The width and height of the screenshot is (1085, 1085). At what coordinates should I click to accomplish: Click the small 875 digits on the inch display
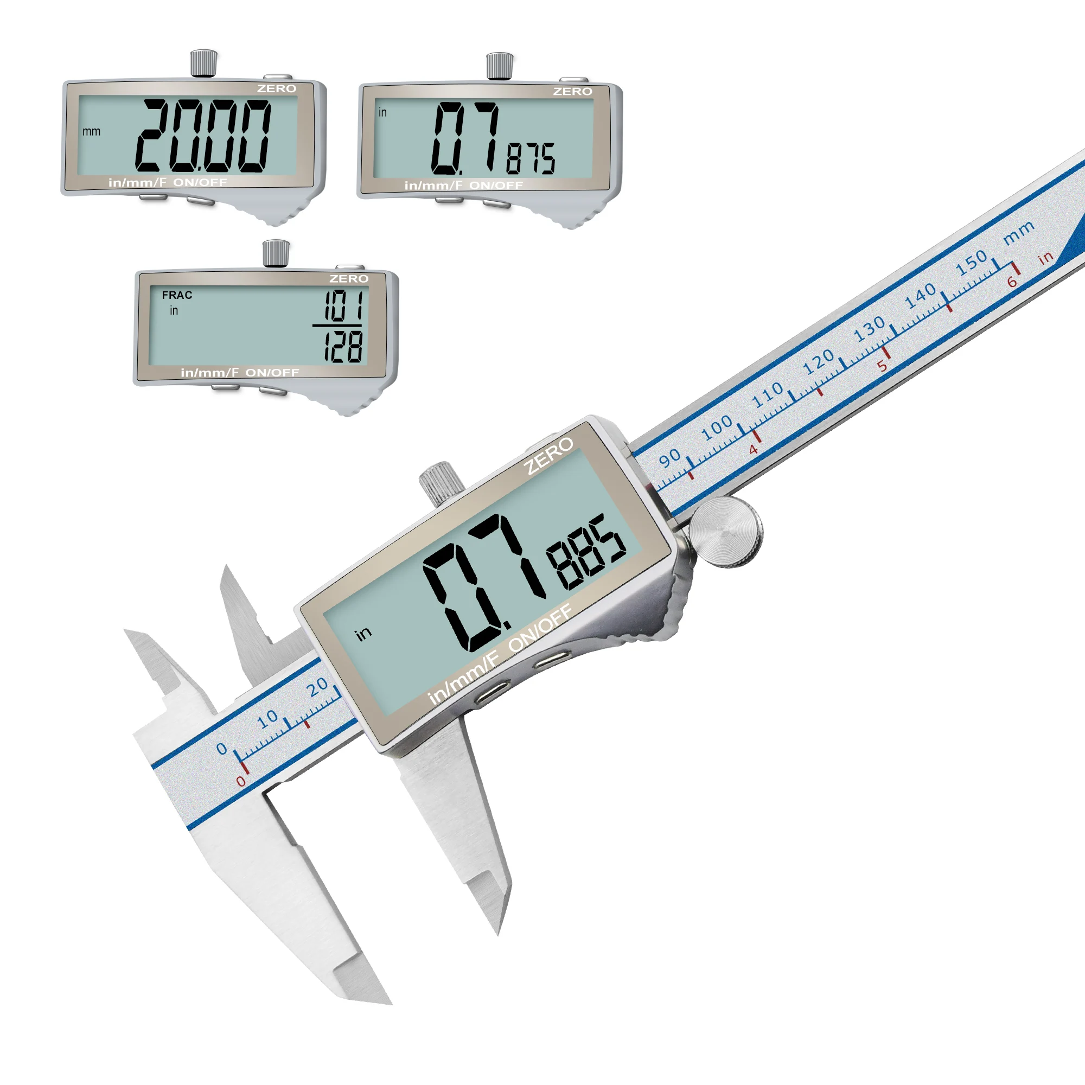(x=531, y=158)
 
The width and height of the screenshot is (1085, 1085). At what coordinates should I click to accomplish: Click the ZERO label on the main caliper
(x=548, y=456)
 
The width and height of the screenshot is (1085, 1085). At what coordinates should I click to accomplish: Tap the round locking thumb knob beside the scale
(x=725, y=531)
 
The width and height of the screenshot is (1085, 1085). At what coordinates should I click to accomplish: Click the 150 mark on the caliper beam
(x=971, y=262)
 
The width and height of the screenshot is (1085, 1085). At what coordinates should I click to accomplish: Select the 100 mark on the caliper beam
(x=717, y=429)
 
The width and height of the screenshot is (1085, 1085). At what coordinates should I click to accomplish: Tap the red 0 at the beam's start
(x=241, y=782)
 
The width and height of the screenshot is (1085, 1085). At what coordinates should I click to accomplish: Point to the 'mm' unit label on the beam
(x=1019, y=233)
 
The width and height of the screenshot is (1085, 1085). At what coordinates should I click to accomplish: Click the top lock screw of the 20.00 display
(x=204, y=62)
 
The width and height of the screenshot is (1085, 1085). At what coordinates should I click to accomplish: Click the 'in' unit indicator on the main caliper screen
(x=364, y=634)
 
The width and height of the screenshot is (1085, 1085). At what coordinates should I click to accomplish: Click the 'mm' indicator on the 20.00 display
(x=92, y=131)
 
